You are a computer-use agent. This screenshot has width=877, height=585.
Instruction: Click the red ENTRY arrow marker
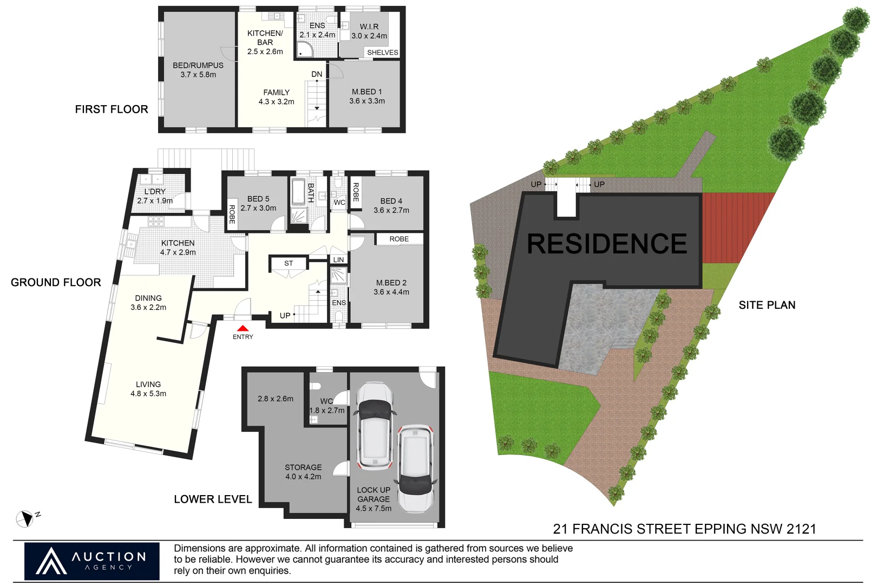[243, 328]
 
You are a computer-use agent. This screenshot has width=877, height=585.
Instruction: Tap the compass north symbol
[25, 519]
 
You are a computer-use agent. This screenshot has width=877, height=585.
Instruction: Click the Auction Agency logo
[92, 561]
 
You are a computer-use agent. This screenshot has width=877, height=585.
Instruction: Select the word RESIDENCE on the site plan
[607, 244]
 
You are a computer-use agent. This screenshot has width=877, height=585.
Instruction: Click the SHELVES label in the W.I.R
[382, 53]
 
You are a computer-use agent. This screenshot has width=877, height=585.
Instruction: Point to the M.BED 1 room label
[367, 96]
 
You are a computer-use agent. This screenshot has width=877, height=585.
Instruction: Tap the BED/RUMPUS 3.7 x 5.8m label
[198, 70]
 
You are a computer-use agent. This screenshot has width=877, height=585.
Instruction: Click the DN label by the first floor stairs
[317, 74]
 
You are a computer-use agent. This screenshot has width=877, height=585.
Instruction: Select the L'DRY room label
[155, 196]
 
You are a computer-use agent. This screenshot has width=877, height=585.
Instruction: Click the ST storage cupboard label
[289, 263]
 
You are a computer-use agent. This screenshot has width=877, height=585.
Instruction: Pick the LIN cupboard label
[338, 260]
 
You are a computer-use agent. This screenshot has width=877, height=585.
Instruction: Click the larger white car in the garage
[374, 426]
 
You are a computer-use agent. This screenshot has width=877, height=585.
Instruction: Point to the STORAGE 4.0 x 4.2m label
[303, 472]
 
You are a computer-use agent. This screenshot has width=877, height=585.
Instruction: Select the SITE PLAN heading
[767, 305]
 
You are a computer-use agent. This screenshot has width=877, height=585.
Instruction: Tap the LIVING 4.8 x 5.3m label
[148, 389]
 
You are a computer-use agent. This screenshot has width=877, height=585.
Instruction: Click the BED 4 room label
[391, 205]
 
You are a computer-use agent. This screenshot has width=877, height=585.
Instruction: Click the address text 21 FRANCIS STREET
[684, 529]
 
